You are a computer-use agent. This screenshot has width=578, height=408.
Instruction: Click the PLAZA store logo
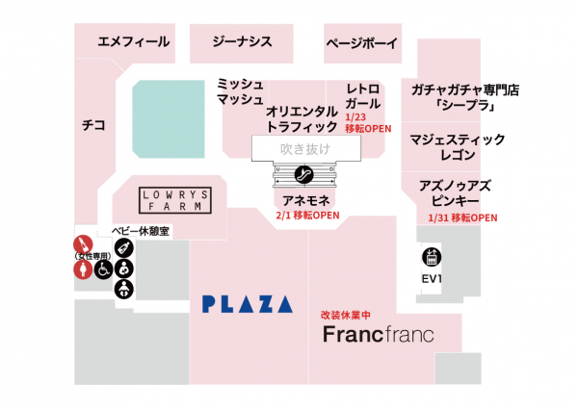click(x=248, y=304)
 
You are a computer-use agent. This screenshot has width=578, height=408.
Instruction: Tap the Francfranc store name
click(x=377, y=336)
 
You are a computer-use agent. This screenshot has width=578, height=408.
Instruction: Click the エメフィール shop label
click(x=133, y=41)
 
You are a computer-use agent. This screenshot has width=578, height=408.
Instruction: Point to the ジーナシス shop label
click(x=242, y=41)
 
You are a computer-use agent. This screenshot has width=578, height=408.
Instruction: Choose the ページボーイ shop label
click(x=362, y=43)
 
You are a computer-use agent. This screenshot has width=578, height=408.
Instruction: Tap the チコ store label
click(x=93, y=124)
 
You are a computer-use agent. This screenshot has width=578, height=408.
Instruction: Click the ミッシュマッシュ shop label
click(x=240, y=92)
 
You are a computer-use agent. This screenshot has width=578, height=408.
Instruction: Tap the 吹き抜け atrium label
click(x=304, y=149)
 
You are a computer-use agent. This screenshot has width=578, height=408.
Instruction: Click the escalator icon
click(x=304, y=174)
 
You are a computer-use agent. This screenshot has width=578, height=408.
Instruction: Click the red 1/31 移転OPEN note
click(x=461, y=217)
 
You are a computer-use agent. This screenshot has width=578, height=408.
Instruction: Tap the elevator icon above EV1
click(x=433, y=258)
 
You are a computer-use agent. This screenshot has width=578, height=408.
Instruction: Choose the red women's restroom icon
click(x=81, y=270)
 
